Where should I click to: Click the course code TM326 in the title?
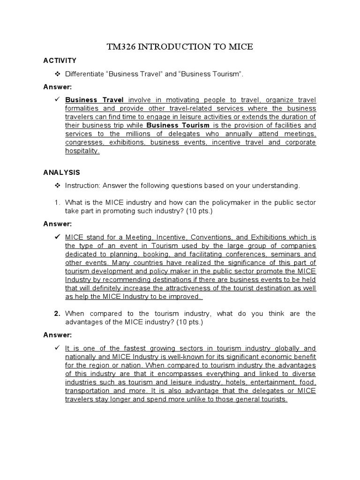click(121, 47)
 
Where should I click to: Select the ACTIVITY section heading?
click(60, 61)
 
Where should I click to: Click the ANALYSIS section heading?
click(61, 172)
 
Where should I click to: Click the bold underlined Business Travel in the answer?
click(94, 100)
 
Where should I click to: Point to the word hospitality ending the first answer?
click(82, 150)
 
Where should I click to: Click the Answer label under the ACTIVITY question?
click(57, 87)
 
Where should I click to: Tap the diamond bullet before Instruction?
click(58, 186)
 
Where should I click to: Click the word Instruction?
click(82, 186)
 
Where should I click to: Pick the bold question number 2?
click(57, 314)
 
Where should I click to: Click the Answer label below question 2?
click(57, 335)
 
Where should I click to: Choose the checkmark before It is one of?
click(57, 349)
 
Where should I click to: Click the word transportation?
click(87, 390)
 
